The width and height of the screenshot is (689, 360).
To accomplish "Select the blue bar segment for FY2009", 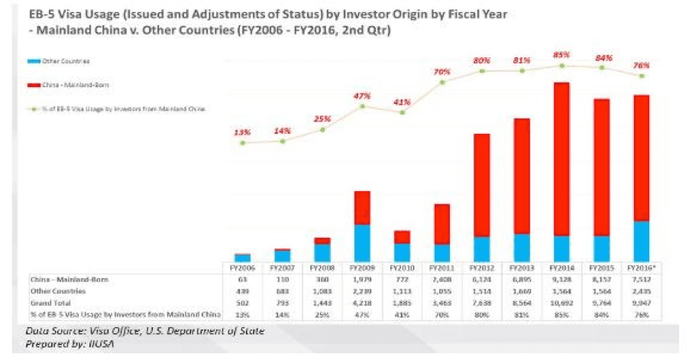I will coord(363,244).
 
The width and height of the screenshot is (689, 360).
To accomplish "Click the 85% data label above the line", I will coord(561,54).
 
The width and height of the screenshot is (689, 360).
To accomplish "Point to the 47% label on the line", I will coord(362,96).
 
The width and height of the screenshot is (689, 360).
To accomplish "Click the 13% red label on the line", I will coord(242,132).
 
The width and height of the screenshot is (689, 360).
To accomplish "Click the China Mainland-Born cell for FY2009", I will coord(363,281).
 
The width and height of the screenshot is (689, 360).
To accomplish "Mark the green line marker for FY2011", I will coord(442,82).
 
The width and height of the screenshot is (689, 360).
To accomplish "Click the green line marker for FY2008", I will coord(322,130).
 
